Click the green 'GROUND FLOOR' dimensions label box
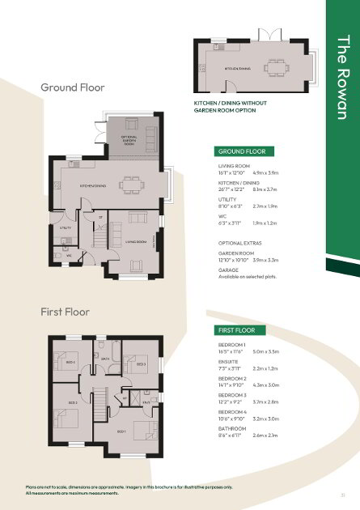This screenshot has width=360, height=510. [x=243, y=151]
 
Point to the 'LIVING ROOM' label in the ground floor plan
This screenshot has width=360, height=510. [x=136, y=241]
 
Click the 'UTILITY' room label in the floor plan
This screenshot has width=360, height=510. [x=66, y=229]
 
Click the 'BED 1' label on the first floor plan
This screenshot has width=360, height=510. [x=121, y=431]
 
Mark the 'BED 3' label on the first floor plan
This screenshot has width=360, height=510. [x=140, y=364]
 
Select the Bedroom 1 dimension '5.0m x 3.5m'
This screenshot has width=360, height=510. [x=265, y=352]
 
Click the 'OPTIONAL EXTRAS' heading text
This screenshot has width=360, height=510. [x=240, y=244]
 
